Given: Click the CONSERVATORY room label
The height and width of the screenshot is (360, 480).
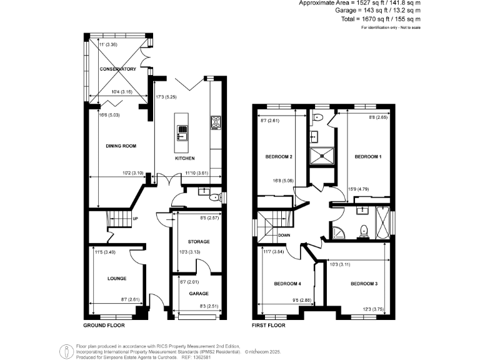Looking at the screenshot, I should click(117, 69).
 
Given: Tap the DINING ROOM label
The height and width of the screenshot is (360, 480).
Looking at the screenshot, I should click(121, 146).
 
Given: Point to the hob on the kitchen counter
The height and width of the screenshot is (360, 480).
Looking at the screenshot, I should click(216, 122).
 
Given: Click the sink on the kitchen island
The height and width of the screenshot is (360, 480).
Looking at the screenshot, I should click(182, 132).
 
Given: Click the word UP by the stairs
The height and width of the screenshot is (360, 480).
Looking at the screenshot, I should click(135, 219).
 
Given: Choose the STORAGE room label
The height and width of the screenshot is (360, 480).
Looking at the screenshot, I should click(199, 241).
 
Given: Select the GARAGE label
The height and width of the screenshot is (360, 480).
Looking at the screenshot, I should click(199, 293).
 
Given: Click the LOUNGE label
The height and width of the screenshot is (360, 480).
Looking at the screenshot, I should click(116, 279).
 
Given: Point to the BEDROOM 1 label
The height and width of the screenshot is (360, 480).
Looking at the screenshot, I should click(367, 157).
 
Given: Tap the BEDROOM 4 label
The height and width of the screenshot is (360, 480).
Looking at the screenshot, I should click(287, 284).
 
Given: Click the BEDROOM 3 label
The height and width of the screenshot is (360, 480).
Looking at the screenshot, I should click(364, 284).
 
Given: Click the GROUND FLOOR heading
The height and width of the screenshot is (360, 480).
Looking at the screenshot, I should click(104, 326).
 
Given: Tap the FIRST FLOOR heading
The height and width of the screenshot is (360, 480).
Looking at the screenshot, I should click(269, 326).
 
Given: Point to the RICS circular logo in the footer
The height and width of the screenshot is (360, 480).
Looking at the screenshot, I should click(66, 350).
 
